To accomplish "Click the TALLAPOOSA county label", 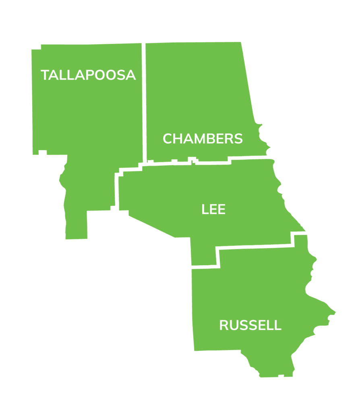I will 88,75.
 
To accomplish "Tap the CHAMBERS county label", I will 203,139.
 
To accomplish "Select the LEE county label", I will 213,209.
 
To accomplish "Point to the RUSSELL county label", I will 250,325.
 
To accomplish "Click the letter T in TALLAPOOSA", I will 45,75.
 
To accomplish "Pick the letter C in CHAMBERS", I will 168,139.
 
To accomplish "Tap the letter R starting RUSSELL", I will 224,325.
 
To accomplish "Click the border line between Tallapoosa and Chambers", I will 144,101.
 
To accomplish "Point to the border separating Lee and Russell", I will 254,247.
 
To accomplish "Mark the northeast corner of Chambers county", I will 243,41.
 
